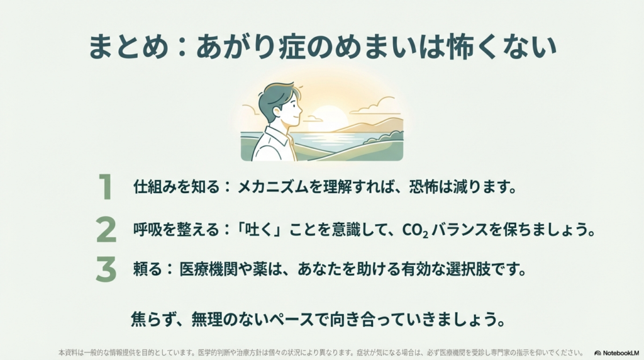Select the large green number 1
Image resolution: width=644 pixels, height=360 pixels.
coord(106,188)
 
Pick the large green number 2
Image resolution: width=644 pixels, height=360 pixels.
coord(106,230)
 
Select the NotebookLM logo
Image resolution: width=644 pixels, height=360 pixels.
coord(617,353)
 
